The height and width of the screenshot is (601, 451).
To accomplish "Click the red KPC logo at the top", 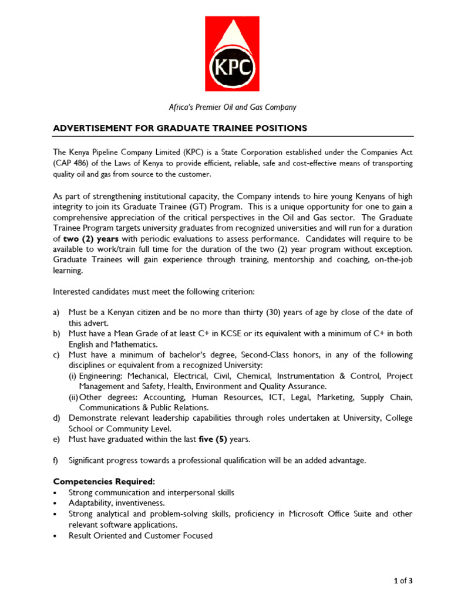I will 233,54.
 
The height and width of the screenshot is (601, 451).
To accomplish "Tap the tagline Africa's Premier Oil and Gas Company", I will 233,107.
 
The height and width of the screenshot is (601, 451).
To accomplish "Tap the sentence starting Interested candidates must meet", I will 154,291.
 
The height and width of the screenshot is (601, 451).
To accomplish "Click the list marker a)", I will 57,312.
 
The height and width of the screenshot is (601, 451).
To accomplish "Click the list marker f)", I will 56,461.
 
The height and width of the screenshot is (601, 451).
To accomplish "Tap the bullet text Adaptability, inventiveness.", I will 116,503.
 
